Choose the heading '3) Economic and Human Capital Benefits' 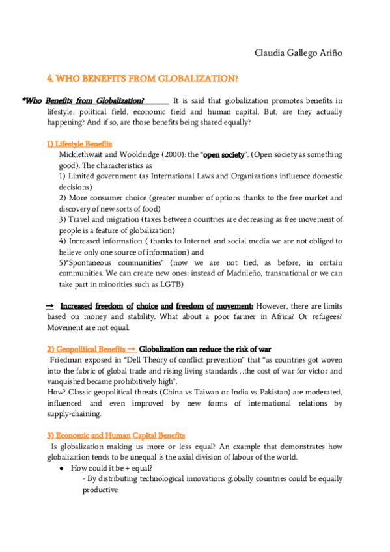[116, 434]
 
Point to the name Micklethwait [82, 154]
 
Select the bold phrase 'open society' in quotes [227, 154]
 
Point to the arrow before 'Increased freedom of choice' [50, 305]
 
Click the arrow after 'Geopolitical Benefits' [132, 348]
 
